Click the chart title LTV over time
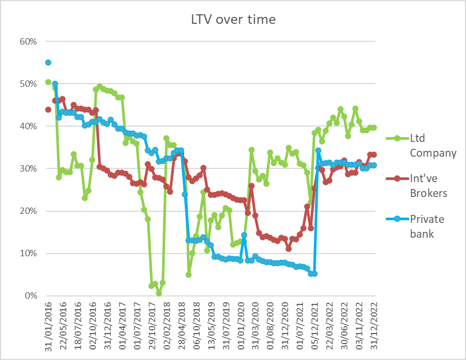click(233, 20)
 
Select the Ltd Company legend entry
click(433, 146)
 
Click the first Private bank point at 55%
click(48, 62)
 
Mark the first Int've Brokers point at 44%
click(48, 110)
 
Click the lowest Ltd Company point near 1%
click(159, 293)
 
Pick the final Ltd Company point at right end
click(374, 128)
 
